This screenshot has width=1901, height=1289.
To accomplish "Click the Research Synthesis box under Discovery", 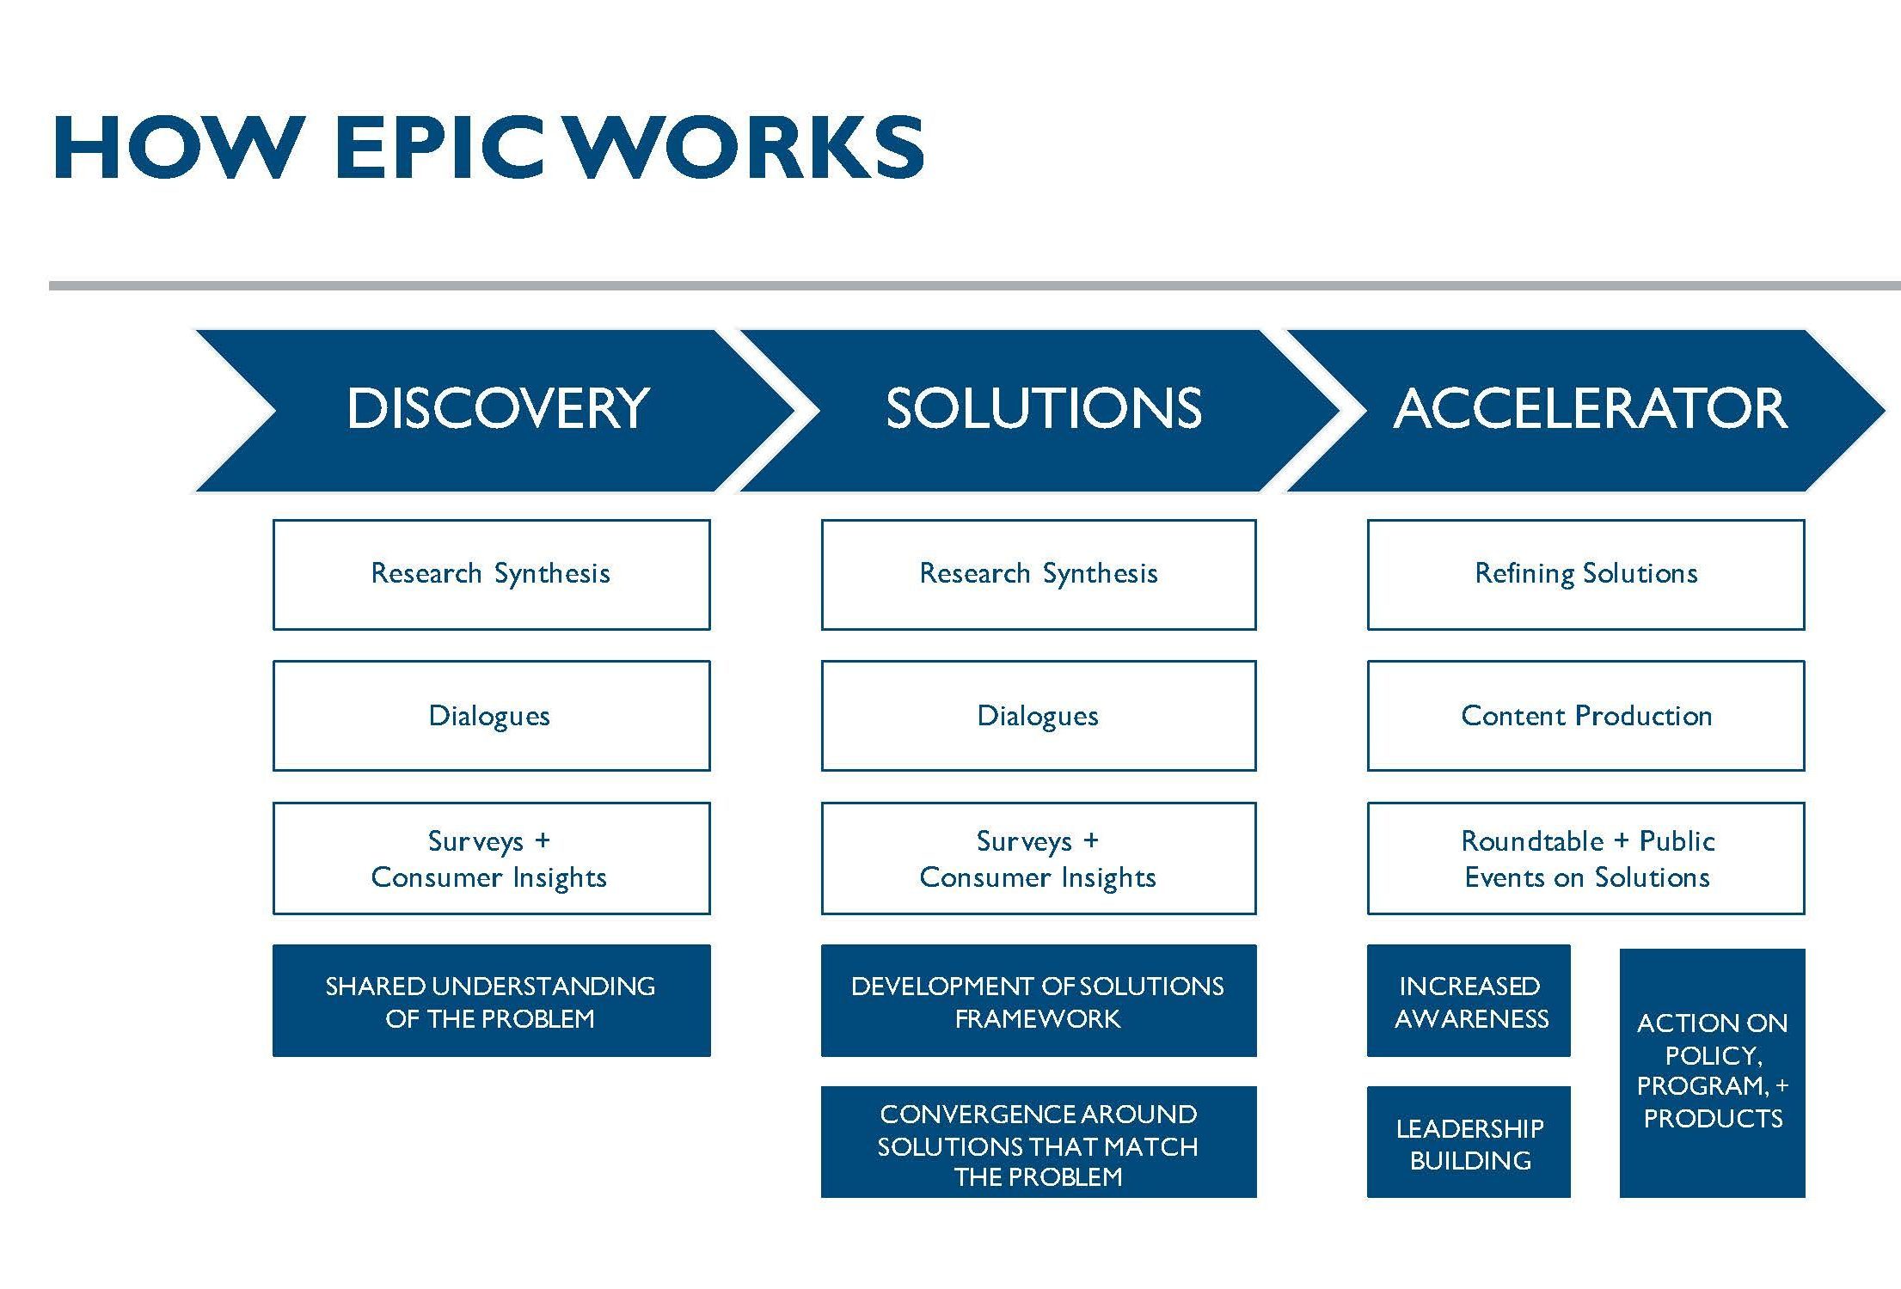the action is click(x=492, y=574).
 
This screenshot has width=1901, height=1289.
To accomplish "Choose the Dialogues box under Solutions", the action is click(x=1039, y=716).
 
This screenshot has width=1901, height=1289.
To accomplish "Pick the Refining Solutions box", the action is click(x=1585, y=574).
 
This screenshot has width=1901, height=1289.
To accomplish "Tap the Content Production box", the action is click(x=1585, y=716).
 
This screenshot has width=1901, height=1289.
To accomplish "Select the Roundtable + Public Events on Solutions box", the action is click(x=1585, y=858).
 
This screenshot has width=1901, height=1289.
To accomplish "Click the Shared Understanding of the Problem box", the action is click(x=492, y=1001).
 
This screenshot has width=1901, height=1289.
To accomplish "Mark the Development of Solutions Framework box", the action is click(x=1039, y=1001).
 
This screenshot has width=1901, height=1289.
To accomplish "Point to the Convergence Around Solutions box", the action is click(x=1039, y=1143).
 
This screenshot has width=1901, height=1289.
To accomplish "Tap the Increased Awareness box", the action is click(x=1469, y=1001).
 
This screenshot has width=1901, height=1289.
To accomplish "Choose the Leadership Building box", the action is click(x=1469, y=1143).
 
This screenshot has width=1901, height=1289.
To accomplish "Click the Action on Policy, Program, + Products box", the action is click(x=1713, y=1073).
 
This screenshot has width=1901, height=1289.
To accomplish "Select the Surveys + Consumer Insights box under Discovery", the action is click(x=492, y=858).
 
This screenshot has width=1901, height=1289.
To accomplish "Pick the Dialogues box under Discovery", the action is click(x=492, y=716).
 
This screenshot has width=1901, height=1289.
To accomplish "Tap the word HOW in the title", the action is click(x=180, y=147).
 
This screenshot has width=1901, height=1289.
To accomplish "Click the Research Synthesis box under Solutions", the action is click(x=1039, y=574).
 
